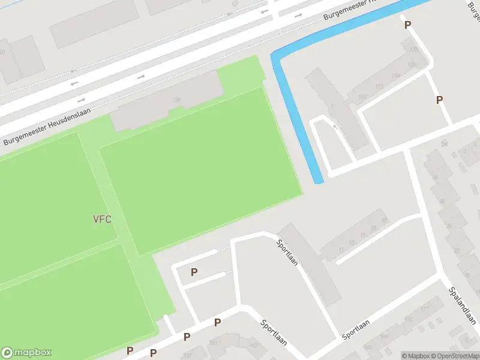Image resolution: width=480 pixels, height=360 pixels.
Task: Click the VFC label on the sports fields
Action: click(x=102, y=218)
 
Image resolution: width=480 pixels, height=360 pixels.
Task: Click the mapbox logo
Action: click(x=27, y=353)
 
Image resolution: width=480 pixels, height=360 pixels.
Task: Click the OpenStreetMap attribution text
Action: click(x=456, y=356)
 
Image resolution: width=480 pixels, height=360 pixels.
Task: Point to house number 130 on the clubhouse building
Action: click(x=176, y=100)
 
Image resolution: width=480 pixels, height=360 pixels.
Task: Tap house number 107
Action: click(x=362, y=97)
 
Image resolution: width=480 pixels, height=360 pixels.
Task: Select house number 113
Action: click(x=379, y=86)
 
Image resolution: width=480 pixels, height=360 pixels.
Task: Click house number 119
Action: click(x=394, y=76)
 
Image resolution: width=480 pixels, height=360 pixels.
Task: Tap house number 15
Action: click(x=352, y=242)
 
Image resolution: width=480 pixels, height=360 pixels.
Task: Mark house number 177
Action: click(x=424, y=308)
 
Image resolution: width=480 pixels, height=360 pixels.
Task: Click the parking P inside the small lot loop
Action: click(x=194, y=272)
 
